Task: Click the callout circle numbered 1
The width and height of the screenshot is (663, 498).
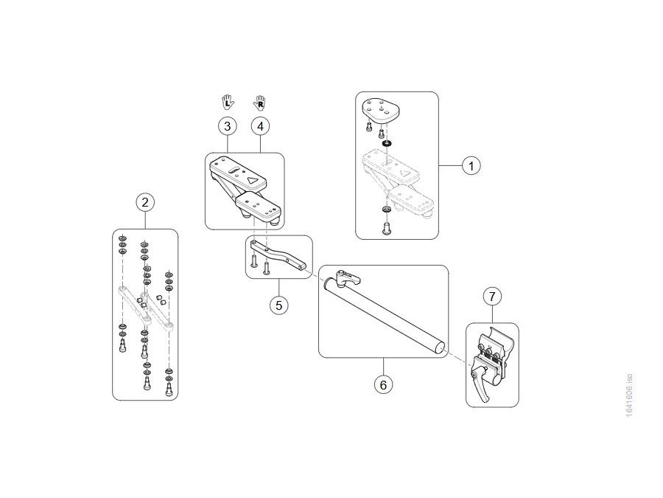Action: point(471,165)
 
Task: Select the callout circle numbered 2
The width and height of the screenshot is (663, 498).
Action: point(145,202)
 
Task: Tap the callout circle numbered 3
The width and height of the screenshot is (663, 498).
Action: point(228,126)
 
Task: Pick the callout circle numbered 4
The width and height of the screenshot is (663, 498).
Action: point(260,126)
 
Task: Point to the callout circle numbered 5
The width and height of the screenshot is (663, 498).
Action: point(278,305)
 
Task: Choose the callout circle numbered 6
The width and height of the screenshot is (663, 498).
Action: point(383,385)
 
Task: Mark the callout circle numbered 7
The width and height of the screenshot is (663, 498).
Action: point(492,297)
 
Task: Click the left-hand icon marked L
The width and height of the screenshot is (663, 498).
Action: point(228,102)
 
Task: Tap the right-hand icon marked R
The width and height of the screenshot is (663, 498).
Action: point(259,103)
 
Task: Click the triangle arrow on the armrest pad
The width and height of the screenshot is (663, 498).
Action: point(253,180)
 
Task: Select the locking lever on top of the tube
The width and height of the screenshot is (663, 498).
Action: point(349,277)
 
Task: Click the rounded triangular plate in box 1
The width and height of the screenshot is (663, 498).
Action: point(382,109)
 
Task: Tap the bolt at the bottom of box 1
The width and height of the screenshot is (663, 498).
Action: point(387,228)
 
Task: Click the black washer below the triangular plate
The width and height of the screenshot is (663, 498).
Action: point(387,144)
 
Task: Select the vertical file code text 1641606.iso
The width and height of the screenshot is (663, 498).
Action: point(629,395)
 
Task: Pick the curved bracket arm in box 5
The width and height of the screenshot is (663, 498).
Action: point(278,255)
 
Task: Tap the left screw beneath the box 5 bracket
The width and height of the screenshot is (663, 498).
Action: point(253,260)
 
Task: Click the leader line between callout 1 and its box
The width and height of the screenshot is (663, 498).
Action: point(450,165)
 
